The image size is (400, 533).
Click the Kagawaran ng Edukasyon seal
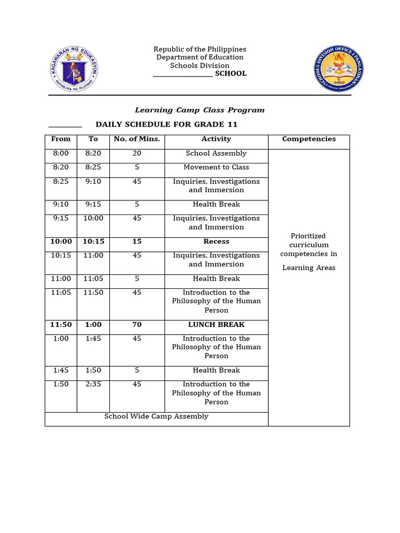tap(74, 69)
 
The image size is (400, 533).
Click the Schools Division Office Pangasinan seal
tap(338, 69)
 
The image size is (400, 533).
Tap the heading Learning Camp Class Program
tap(199, 110)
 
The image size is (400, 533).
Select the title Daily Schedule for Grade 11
tap(166, 124)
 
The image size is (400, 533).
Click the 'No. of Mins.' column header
tap(136, 139)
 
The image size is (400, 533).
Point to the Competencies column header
tap(309, 139)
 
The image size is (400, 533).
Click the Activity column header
tap(216, 139)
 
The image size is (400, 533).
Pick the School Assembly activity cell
tap(216, 154)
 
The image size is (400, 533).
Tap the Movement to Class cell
tap(216, 168)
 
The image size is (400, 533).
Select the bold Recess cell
tap(216, 242)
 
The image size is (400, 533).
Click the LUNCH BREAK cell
tap(216, 325)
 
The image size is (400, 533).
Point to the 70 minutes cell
tap(136, 325)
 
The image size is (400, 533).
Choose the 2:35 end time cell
tap(93, 385)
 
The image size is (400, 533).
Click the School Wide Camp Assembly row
tap(156, 416)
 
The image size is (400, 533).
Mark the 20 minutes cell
tap(136, 154)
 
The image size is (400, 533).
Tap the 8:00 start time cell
tap(60, 154)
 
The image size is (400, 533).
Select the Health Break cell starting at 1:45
tap(216, 371)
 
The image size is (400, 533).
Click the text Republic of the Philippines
tap(199, 49)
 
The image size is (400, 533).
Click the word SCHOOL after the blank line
tap(231, 74)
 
